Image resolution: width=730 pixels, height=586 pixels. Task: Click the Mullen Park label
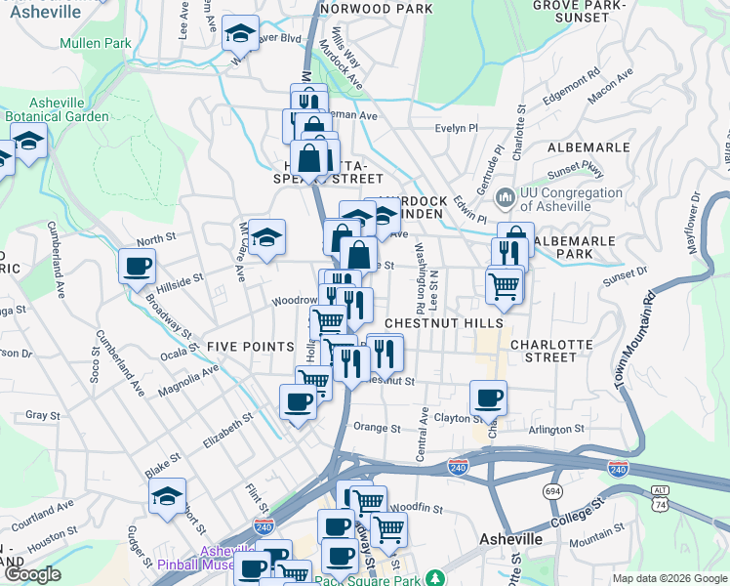point(95,43)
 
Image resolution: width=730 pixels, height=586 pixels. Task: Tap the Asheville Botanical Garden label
point(55,109)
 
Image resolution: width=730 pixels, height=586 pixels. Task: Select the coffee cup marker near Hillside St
point(137,265)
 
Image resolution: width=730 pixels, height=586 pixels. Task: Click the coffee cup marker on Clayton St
point(488,398)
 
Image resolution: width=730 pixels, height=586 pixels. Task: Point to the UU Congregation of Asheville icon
point(505,198)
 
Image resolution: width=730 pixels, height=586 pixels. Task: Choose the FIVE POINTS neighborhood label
point(250,347)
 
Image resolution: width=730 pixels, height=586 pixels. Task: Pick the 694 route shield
point(554,490)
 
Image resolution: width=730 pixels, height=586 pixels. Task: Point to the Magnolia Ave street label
point(189,381)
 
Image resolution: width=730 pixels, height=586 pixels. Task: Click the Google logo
point(32,575)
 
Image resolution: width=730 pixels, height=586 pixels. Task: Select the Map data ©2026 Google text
point(669,578)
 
